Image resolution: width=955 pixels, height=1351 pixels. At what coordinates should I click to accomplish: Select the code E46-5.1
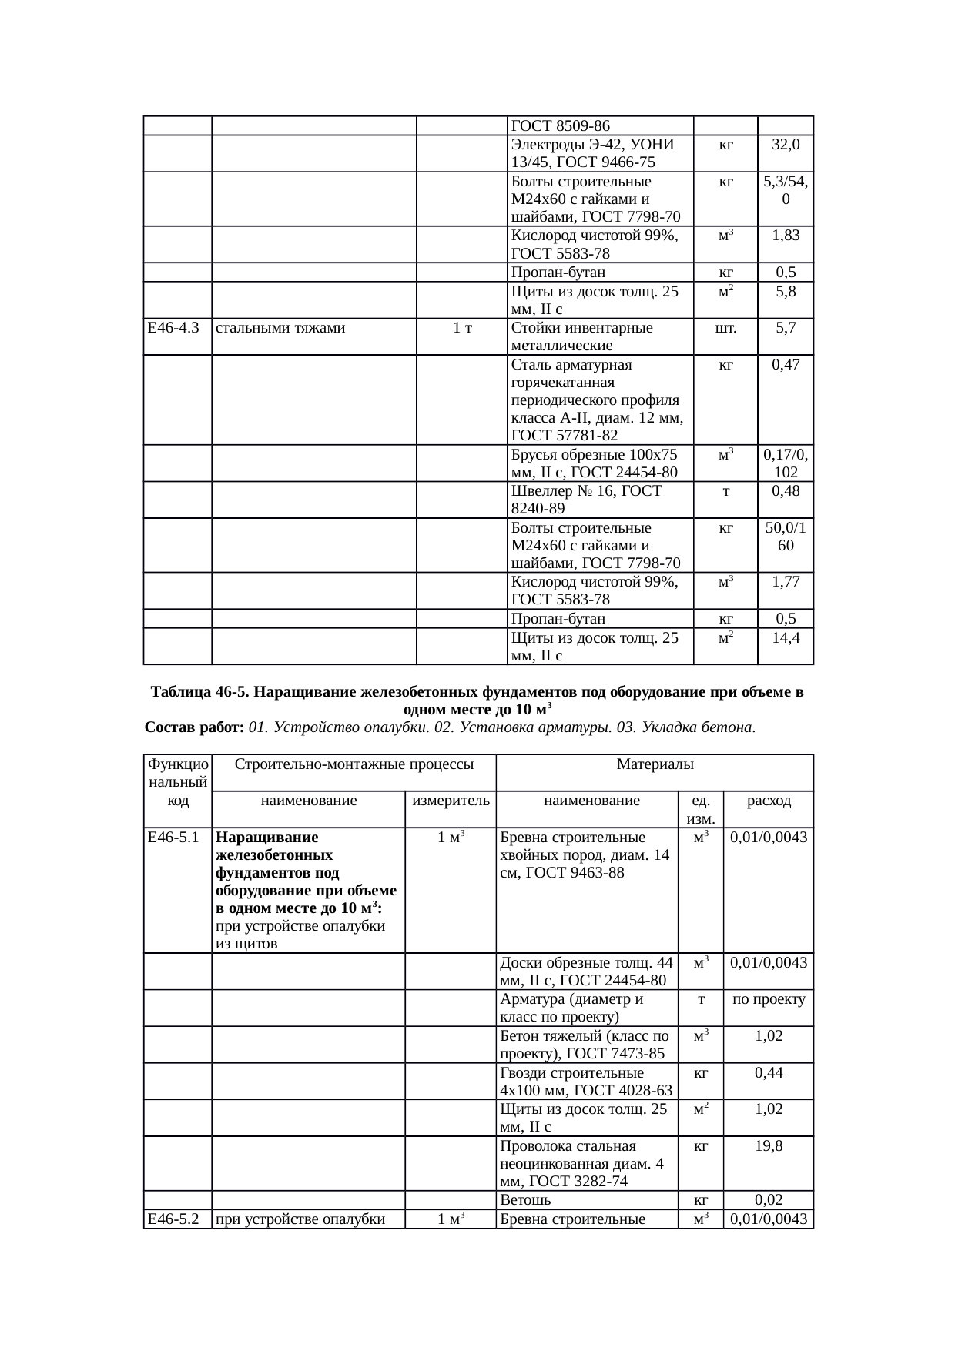pyautogui.click(x=173, y=838)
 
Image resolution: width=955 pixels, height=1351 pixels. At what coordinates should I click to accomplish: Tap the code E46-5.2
pyautogui.click(x=173, y=1219)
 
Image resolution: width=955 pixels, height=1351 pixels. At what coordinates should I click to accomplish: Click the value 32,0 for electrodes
pyautogui.click(x=786, y=144)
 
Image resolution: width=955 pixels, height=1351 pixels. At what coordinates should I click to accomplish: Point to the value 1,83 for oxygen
pyautogui.click(x=786, y=236)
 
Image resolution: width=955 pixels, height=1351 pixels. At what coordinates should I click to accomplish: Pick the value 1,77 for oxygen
pyautogui.click(x=786, y=582)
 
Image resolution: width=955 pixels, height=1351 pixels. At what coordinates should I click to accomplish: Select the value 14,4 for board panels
pyautogui.click(x=786, y=637)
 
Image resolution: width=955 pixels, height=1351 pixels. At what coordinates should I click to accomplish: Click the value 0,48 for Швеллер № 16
pyautogui.click(x=786, y=491)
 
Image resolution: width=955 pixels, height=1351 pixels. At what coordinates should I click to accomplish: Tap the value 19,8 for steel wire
pyautogui.click(x=769, y=1146)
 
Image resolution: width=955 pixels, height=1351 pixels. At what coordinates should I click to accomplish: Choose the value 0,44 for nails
pyautogui.click(x=769, y=1072)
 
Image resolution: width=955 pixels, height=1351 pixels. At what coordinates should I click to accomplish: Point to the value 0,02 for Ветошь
pyautogui.click(x=769, y=1200)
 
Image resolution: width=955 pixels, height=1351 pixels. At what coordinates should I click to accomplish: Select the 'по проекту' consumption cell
pyautogui.click(x=769, y=999)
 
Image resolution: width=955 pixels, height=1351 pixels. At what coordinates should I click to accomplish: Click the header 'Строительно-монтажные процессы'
pyautogui.click(x=354, y=764)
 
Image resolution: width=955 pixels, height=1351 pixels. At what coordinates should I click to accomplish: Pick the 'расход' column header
pyautogui.click(x=769, y=801)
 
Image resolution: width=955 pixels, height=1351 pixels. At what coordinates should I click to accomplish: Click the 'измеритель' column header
pyautogui.click(x=451, y=801)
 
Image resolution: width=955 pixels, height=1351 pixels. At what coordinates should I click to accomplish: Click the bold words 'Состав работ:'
pyautogui.click(x=195, y=727)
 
